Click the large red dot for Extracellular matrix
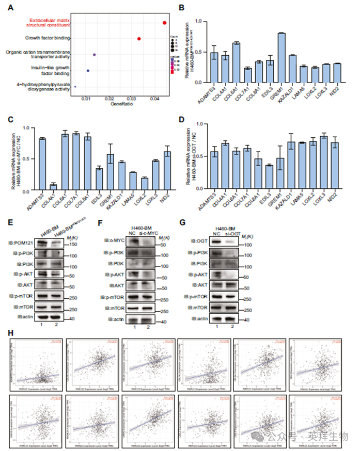click(164, 22)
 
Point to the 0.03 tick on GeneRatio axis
click(132, 98)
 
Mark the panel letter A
click(11, 7)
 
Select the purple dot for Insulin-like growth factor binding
click(88, 71)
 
